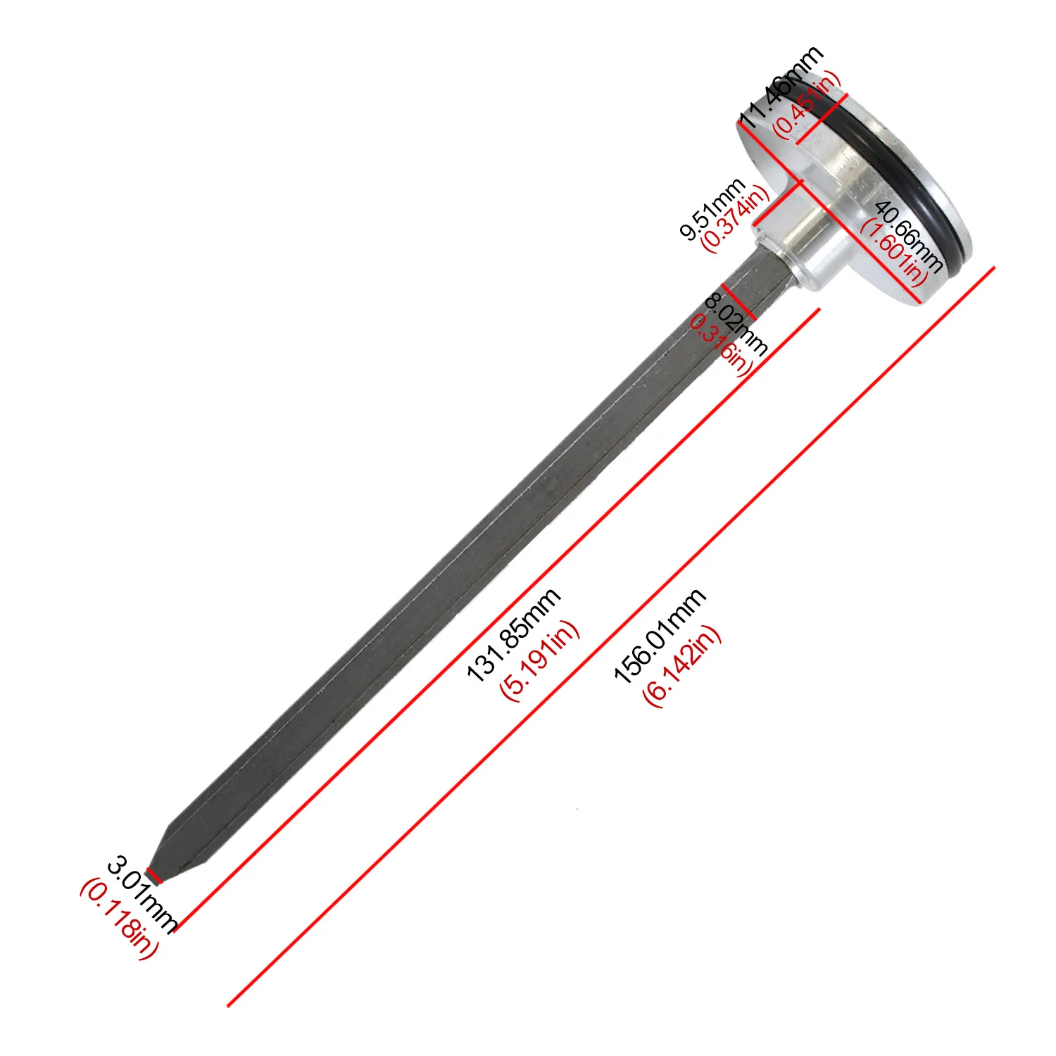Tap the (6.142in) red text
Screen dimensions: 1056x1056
682,665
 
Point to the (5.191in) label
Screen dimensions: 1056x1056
539,660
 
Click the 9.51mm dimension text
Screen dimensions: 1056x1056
712,209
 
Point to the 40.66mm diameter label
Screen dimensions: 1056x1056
908,237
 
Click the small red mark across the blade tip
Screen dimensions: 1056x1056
153,877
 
